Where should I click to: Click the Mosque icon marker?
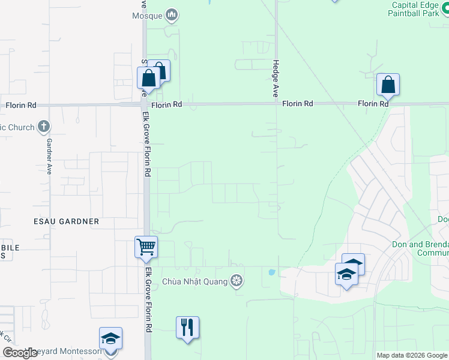click(172, 15)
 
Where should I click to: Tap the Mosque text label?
click(147, 16)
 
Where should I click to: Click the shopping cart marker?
click(146, 247)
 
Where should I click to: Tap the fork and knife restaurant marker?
click(187, 327)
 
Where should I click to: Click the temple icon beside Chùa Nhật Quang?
click(237, 281)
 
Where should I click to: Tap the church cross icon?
click(43, 127)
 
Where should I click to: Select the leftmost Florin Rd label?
click(21, 105)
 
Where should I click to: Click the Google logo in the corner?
click(20, 353)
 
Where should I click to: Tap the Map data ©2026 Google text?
click(411, 355)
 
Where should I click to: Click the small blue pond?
click(271, 272)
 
